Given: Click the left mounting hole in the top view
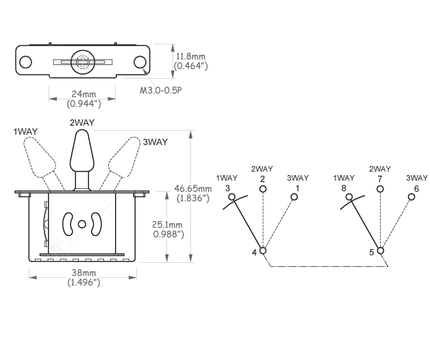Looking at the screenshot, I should (25, 62).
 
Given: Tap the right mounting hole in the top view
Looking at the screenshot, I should (141, 62).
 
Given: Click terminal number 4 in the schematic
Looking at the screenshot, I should (255, 253).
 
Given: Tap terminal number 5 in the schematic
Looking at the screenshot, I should (372, 253).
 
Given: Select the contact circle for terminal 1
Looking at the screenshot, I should (294, 198).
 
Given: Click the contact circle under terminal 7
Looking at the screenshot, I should (380, 191).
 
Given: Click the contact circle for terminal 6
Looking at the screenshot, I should (412, 198).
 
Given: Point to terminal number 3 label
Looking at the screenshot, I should (227, 188).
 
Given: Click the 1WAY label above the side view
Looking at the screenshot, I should (25, 131).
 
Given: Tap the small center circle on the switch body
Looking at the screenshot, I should (82, 224).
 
